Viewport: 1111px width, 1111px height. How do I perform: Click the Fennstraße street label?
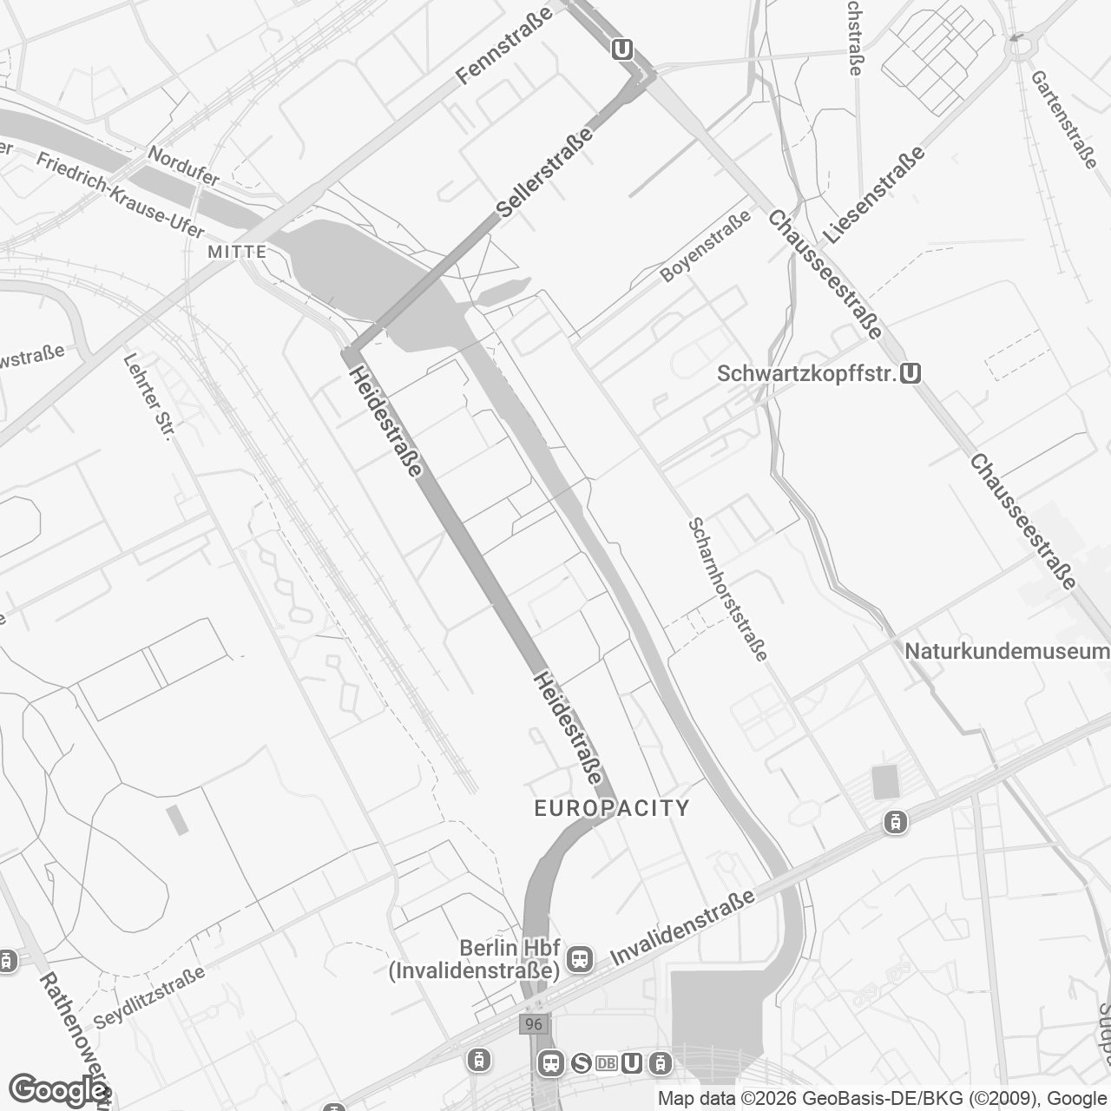[505, 46]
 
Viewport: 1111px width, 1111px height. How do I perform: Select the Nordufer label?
[183, 165]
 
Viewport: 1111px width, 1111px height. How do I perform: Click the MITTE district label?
[237, 252]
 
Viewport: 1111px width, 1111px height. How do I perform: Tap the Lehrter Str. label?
[150, 397]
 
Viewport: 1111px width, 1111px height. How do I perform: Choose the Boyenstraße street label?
[705, 248]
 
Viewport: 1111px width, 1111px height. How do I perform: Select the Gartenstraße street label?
[1064, 119]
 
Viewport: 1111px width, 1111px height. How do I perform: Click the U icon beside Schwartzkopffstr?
[910, 373]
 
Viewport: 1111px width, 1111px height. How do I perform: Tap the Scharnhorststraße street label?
[727, 589]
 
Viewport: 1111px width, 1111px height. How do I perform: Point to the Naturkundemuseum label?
[1007, 651]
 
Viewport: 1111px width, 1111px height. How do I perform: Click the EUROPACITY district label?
[612, 809]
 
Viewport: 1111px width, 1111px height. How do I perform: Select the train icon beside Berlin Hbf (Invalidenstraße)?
[579, 959]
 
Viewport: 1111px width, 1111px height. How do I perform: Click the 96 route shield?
[533, 1024]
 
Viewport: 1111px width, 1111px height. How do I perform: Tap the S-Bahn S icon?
[581, 1063]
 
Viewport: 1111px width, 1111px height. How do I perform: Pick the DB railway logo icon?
[607, 1063]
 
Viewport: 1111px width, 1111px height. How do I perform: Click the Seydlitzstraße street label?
[149, 998]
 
